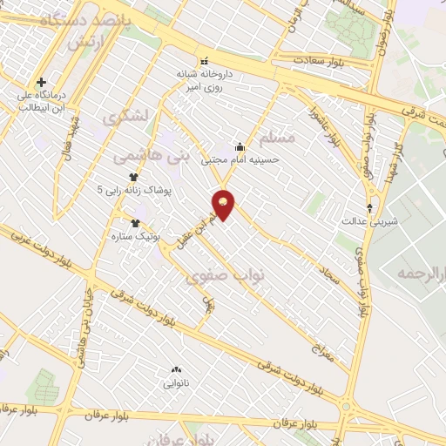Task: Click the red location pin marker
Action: pyautogui.click(x=224, y=204)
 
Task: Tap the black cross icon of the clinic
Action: pyautogui.click(x=41, y=82)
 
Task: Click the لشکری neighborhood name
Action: pyautogui.click(x=125, y=115)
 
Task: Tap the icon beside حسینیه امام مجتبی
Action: pyautogui.click(x=240, y=146)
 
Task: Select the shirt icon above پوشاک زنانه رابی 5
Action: pyautogui.click(x=132, y=176)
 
